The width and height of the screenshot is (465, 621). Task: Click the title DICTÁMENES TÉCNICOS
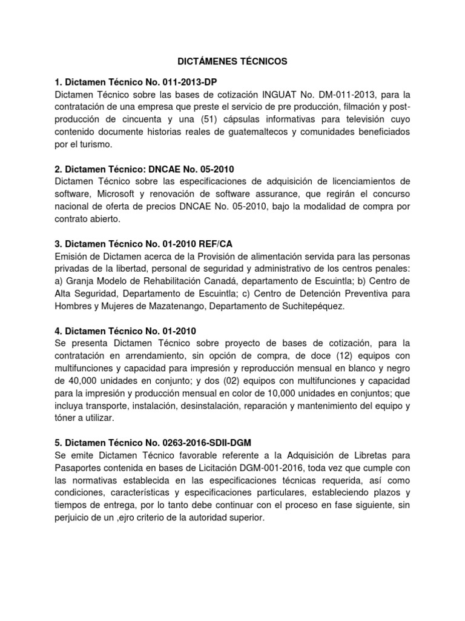(x=232, y=62)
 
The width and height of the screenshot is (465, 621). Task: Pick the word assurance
(x=287, y=193)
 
